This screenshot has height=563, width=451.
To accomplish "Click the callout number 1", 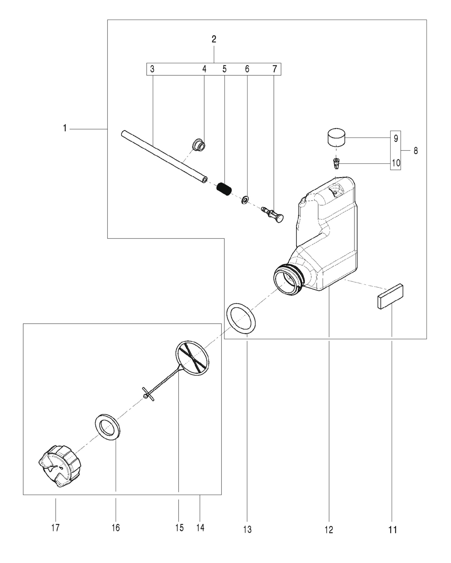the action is pyautogui.click(x=65, y=128).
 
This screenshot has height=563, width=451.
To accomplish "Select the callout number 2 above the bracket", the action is pyautogui.click(x=214, y=39).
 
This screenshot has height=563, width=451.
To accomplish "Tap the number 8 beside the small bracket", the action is pyautogui.click(x=416, y=151).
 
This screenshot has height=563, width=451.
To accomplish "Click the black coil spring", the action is pyautogui.click(x=224, y=189).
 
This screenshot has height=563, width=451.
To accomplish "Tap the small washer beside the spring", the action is pyautogui.click(x=244, y=200).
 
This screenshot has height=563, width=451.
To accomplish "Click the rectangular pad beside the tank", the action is pyautogui.click(x=391, y=296).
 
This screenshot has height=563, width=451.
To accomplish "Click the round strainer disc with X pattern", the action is pyautogui.click(x=192, y=357).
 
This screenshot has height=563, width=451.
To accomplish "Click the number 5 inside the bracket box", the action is pyautogui.click(x=224, y=69).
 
